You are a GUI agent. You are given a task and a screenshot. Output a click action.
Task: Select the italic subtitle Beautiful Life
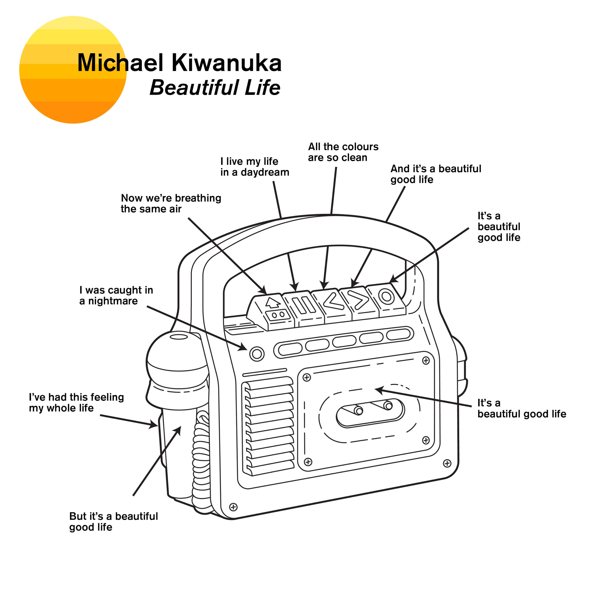[x=215, y=88]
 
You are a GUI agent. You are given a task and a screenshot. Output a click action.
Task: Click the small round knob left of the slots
[x=257, y=354]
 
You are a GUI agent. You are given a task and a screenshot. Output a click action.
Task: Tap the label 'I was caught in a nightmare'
[x=116, y=295]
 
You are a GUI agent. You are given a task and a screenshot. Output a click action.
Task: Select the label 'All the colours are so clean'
[x=343, y=152]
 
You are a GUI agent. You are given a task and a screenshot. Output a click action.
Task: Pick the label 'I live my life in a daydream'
[x=254, y=167]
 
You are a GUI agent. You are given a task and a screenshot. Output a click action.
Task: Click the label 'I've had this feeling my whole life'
[x=76, y=402]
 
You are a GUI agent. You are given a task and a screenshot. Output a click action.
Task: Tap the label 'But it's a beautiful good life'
[x=113, y=521]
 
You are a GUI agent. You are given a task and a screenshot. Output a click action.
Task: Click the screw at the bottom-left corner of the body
[x=233, y=507]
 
